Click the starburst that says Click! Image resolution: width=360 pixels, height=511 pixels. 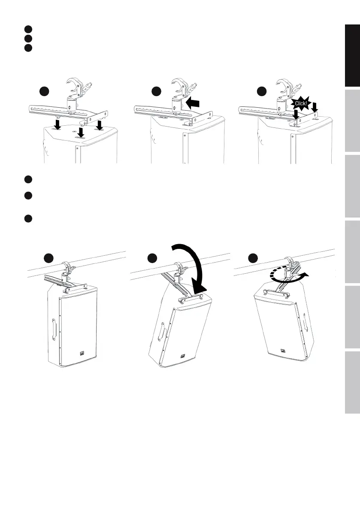[x=300, y=104]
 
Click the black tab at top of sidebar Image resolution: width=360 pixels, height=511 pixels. [x=353, y=55]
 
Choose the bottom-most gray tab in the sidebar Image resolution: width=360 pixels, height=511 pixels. [x=353, y=382]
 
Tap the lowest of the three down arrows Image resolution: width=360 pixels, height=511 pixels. [x=81, y=132]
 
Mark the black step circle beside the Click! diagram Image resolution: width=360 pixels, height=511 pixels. [x=262, y=91]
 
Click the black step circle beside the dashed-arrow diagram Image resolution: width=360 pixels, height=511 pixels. [x=253, y=258]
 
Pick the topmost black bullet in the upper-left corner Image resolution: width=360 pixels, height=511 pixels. [x=28, y=29]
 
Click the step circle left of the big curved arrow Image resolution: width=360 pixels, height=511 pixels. [x=152, y=258]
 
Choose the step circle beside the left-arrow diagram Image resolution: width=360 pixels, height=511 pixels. [x=156, y=91]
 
